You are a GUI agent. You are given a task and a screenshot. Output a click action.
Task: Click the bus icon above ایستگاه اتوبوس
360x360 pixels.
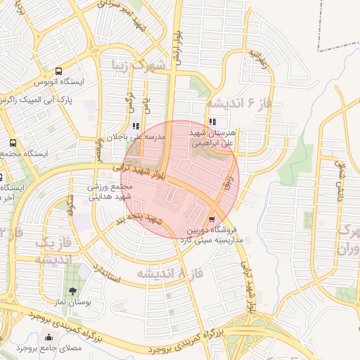coord(58,71)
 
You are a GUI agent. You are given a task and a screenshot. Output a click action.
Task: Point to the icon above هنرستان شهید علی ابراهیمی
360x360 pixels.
coord(212,122)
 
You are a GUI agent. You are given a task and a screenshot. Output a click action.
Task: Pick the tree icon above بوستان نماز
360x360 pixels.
coord(72,290)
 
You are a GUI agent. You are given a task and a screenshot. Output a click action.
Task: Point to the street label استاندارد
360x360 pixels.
coord(107,275)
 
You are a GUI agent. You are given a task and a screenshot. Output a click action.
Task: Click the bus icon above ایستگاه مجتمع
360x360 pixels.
coord(4,141)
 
